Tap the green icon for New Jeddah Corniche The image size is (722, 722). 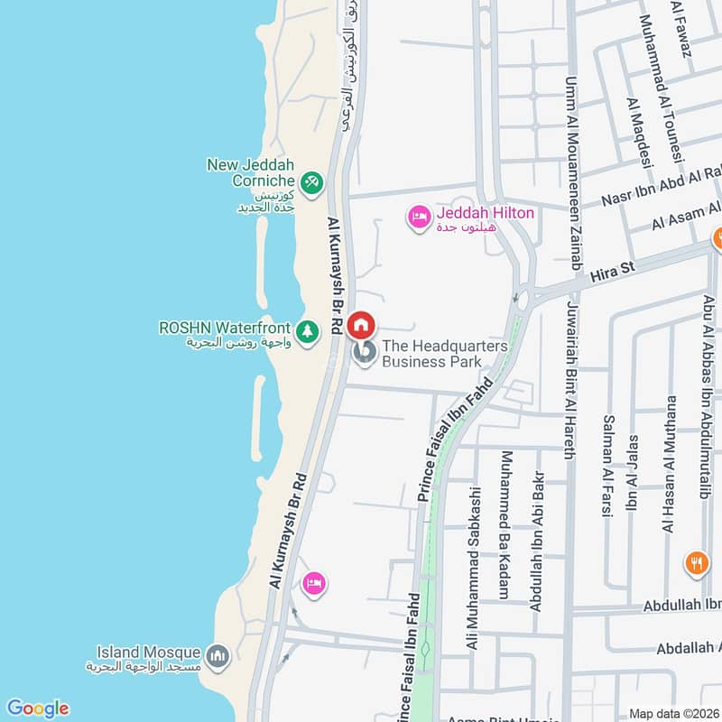(311, 182)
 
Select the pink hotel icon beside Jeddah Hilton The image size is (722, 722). (419, 218)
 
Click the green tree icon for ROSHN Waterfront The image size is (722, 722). (309, 331)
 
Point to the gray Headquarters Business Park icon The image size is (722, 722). (365, 354)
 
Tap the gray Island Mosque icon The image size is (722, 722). (217, 656)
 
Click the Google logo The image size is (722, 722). (37, 708)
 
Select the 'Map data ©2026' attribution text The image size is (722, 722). (673, 713)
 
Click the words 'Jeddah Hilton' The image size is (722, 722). (486, 214)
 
